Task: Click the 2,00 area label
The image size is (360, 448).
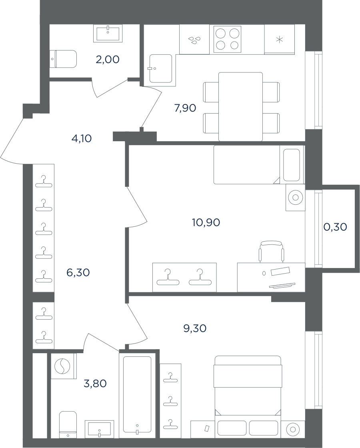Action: [108, 60]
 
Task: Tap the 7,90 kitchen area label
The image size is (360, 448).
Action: [185, 108]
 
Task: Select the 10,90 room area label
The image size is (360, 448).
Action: [206, 222]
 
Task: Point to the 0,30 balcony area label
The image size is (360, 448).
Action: [336, 227]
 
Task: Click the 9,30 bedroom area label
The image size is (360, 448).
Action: [195, 328]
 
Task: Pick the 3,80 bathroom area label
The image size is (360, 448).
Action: [95, 384]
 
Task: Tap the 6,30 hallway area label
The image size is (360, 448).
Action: [78, 272]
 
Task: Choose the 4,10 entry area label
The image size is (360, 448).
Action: [82, 138]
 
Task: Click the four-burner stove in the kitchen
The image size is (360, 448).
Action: [228, 40]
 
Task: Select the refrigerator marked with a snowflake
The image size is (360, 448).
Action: [279, 39]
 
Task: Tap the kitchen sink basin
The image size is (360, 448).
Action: [161, 68]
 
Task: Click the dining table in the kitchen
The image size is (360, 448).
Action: [240, 106]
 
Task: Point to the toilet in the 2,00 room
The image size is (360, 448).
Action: [64, 59]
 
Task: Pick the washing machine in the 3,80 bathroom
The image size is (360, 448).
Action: [64, 366]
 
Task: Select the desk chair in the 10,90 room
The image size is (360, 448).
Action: [272, 252]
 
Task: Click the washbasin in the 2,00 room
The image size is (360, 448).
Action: [108, 34]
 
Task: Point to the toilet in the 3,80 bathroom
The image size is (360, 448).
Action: [68, 424]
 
